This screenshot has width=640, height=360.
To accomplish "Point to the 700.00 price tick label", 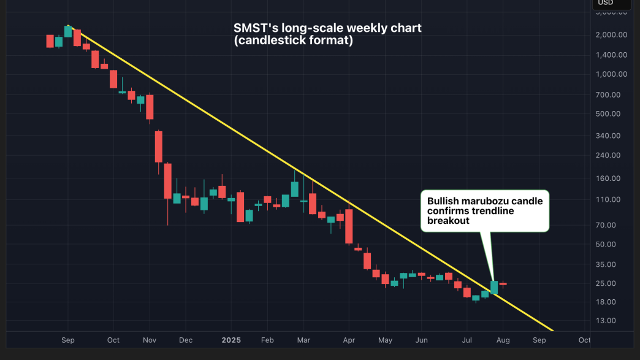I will pos(616,94).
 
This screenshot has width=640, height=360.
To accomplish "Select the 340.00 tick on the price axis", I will pos(616,136).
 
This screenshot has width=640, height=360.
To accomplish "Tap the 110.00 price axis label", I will pos(616,200).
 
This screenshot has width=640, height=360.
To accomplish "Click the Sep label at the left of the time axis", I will pos(68,340).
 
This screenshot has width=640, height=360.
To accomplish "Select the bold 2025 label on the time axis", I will pos(231,340).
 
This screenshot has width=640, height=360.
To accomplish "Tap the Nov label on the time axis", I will pos(150,340).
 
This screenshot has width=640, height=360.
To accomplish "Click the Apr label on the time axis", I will pos(349,340).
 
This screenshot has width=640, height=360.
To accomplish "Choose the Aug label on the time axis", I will pos(503,340).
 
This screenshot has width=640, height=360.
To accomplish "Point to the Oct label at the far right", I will pos(585,340).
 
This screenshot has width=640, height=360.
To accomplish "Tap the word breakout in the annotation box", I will pos(448,221).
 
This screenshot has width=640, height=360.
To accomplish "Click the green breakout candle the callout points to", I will pos(494,287).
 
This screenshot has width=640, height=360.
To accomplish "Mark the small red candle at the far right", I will pos(503,283).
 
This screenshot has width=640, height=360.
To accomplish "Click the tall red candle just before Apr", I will pos(349,226).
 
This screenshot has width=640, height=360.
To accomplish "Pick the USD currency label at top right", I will pos(605,2).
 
